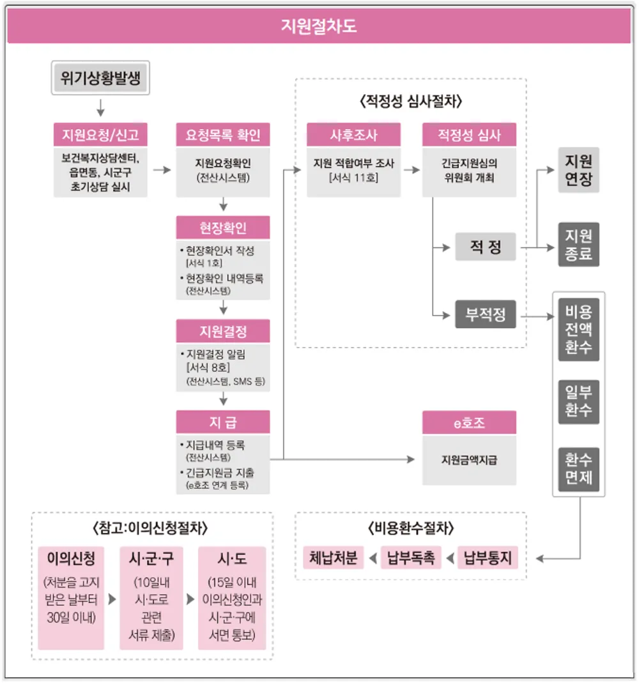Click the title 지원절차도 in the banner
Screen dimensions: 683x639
[319, 27]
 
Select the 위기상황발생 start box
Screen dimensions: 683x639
[100, 79]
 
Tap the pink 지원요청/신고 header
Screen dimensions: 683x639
[100, 135]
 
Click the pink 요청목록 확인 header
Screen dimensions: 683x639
[223, 135]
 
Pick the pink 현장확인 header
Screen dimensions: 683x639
[223, 227]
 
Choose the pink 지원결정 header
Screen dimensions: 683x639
[223, 331]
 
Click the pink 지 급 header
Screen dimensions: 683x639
[223, 422]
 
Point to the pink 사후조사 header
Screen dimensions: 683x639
[353, 135]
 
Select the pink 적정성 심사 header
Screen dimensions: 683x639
[469, 135]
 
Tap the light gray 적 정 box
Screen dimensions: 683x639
[485, 247]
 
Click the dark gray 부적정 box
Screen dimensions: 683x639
[485, 314]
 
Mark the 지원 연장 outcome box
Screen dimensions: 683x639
[578, 169]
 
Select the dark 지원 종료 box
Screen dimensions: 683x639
[578, 245]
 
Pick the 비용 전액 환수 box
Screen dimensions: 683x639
[578, 330]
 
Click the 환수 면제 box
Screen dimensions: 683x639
[578, 468]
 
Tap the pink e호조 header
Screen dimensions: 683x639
[469, 422]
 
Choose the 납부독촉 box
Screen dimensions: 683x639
[411, 558]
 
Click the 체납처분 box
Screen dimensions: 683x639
[333, 558]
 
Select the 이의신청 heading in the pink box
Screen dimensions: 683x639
[71, 558]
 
